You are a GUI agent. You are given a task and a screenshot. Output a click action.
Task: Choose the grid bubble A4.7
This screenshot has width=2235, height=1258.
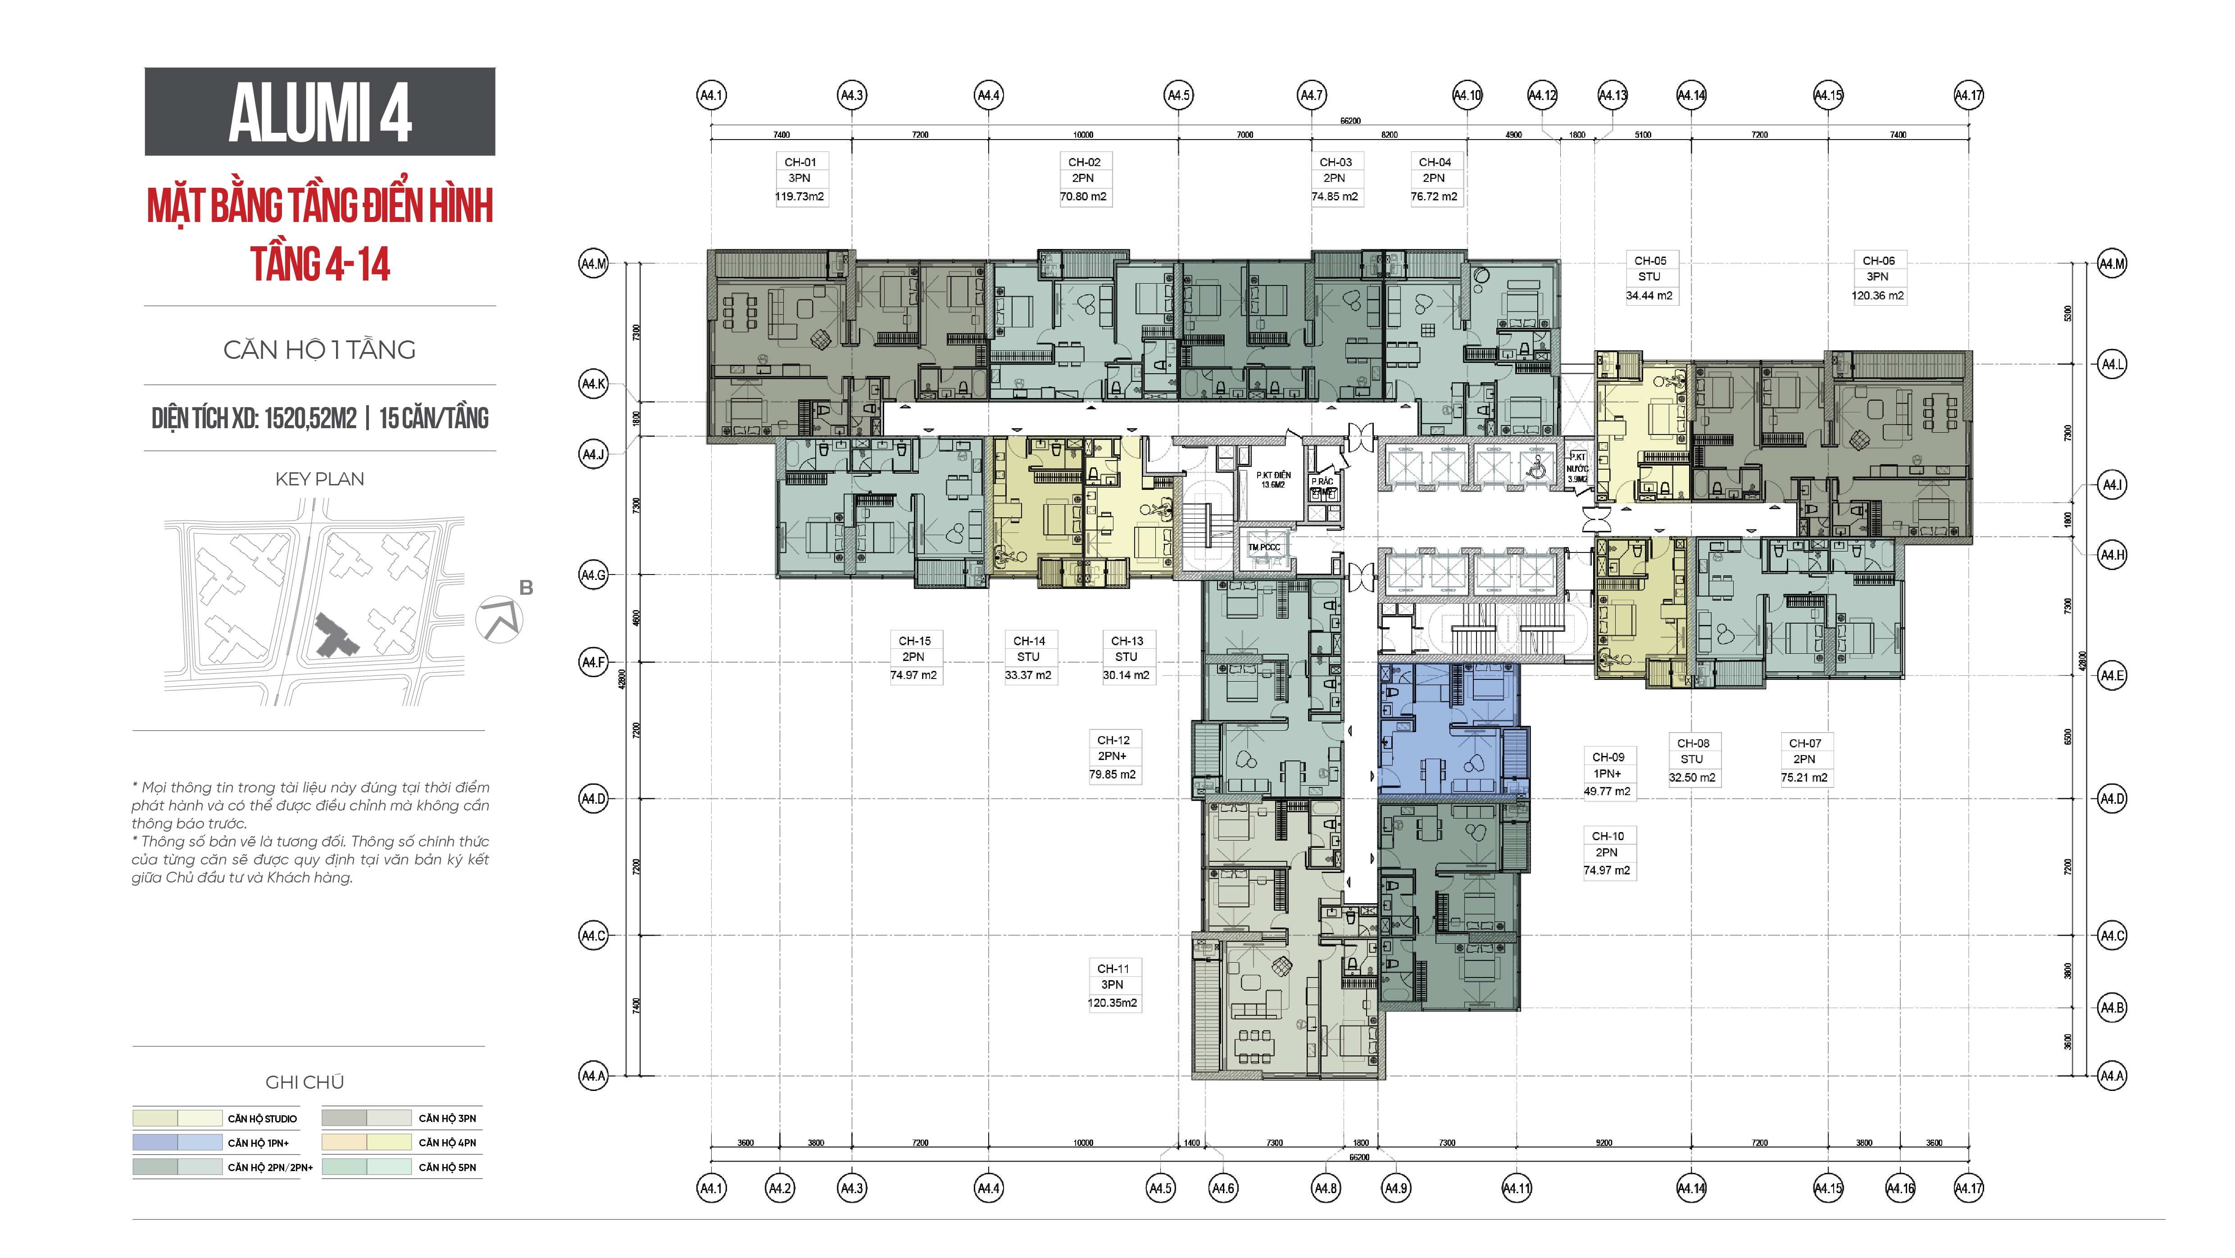[x=1311, y=95]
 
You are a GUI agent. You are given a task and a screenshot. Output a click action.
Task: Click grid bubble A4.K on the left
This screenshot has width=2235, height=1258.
[x=594, y=384]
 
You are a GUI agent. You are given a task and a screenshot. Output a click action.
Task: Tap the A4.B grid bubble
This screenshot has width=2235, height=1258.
[x=2111, y=1007]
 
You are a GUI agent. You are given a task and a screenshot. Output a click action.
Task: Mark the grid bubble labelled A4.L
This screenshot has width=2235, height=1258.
[x=2111, y=364]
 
